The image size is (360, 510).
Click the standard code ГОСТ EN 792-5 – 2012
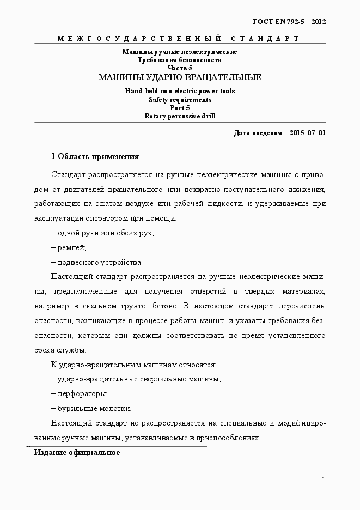pyautogui.click(x=289, y=22)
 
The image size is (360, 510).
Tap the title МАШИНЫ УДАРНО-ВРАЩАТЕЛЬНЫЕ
pyautogui.click(x=179, y=77)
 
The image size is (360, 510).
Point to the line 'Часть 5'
pyautogui.click(x=179, y=68)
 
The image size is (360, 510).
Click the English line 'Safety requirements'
pyautogui.click(x=179, y=100)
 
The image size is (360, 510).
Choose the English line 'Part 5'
pyautogui.click(x=179, y=108)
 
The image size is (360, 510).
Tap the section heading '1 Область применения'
pyautogui.click(x=95, y=157)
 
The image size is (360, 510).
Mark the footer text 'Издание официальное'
pyautogui.click(x=77, y=453)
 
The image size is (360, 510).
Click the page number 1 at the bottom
pyautogui.click(x=324, y=478)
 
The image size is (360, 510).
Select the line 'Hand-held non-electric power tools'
pyautogui.click(x=179, y=92)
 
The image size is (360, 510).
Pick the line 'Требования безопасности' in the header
pyautogui.click(x=179, y=59)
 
